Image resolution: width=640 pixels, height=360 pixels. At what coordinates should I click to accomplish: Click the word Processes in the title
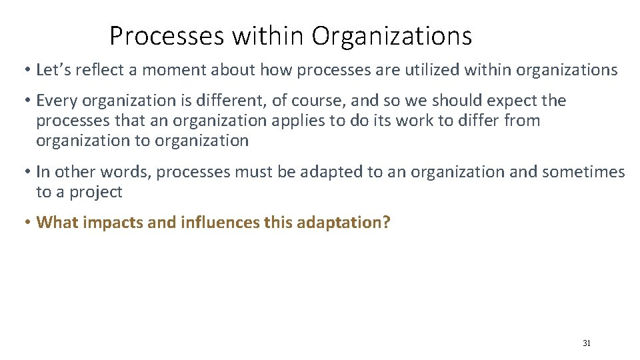167,36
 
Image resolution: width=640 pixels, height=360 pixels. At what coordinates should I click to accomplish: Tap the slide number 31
587,343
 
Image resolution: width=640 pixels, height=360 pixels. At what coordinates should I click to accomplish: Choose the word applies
307,121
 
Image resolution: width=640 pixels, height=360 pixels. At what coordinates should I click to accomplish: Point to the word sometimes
584,172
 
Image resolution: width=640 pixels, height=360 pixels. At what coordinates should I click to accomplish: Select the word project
97,193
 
